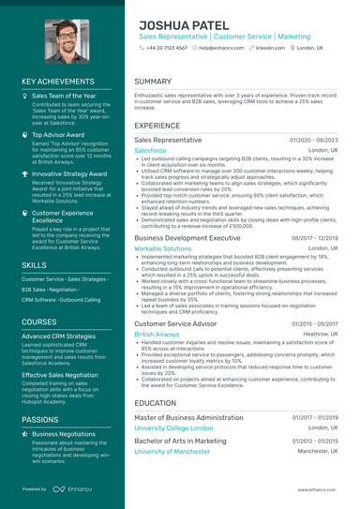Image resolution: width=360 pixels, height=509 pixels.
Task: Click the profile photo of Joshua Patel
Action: pos(63,37)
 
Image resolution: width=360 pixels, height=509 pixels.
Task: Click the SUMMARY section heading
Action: pos(153,82)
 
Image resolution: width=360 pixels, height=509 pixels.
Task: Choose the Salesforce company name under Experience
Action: pos(150,150)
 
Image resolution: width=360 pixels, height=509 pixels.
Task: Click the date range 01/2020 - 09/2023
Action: pos(315,140)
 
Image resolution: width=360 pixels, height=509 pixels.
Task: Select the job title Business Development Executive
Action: pos(187,238)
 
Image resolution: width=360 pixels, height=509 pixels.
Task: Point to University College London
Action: pos(174,427)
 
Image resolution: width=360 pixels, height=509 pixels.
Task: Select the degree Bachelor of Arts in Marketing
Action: pos(180,441)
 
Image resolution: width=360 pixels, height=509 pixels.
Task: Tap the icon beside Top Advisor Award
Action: pos(25,135)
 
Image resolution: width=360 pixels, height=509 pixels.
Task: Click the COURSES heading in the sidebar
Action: pos(39,321)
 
